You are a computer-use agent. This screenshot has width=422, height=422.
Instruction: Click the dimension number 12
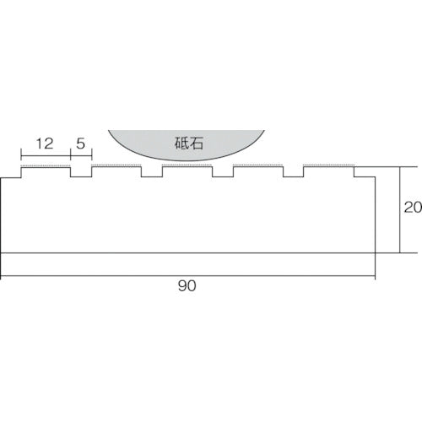[x=46, y=144]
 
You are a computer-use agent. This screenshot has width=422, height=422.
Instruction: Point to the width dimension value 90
[x=187, y=287]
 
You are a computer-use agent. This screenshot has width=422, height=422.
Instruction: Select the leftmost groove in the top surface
[x=80, y=173]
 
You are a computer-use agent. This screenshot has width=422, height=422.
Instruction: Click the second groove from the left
[x=151, y=173]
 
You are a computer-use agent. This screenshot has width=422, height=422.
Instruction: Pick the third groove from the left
[x=222, y=173]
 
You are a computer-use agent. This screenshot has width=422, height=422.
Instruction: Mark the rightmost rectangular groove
[x=293, y=173]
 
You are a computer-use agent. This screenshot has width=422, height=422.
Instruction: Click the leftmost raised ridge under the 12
[x=46, y=168]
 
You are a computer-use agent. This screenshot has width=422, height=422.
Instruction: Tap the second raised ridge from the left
[x=116, y=168]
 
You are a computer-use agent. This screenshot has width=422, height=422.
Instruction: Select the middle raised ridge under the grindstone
[x=187, y=168]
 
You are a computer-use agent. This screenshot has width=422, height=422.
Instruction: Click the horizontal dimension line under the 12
[x=46, y=156]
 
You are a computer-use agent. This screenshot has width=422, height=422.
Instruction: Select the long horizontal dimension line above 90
[x=187, y=275]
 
